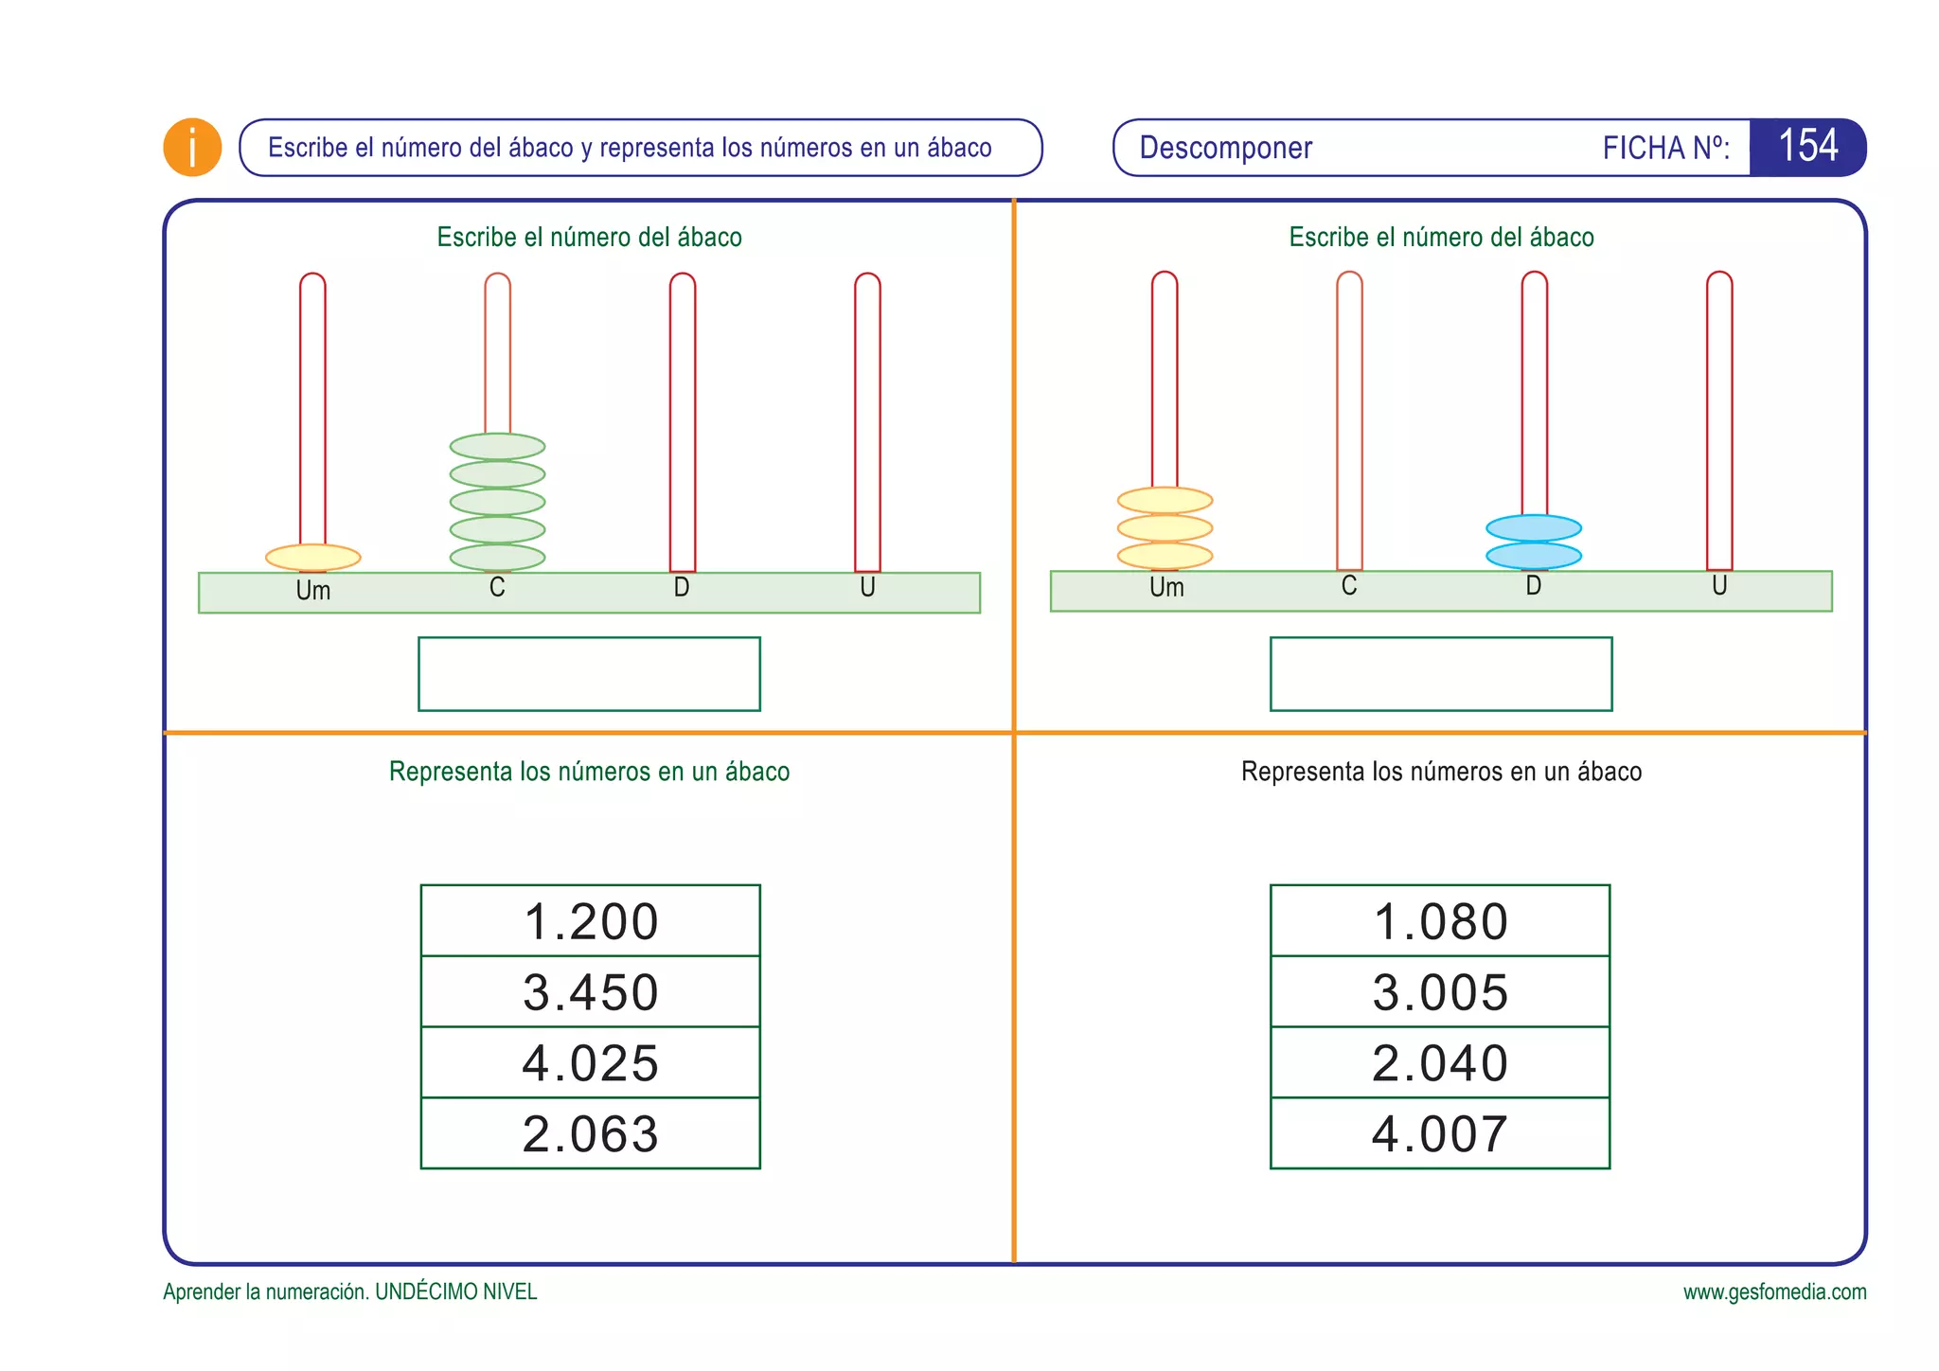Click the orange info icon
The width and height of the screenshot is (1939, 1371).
point(192,148)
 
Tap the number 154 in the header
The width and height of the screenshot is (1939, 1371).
point(1807,147)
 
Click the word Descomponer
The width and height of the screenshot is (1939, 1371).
point(1225,148)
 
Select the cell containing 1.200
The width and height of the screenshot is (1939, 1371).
point(590,921)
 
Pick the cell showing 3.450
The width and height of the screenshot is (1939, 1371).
point(590,992)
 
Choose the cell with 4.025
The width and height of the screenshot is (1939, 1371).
point(590,1062)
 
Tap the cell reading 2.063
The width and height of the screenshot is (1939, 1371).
point(590,1133)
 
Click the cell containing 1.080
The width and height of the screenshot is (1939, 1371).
point(1440,921)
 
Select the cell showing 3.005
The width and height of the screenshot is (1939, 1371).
point(1440,992)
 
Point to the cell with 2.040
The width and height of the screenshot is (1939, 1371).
point(1440,1062)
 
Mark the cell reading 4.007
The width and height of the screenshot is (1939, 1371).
point(1440,1133)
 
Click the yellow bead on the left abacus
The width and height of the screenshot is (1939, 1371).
point(312,558)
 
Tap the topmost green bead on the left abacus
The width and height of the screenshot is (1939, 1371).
point(497,446)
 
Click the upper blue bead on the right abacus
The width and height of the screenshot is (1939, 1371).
point(1534,527)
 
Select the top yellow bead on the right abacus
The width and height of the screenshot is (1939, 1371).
point(1165,500)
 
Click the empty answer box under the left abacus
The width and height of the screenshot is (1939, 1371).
point(589,674)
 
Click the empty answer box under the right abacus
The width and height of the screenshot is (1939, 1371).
point(1441,674)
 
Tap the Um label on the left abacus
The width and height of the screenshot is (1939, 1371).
point(312,591)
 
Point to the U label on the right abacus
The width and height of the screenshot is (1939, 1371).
point(1719,586)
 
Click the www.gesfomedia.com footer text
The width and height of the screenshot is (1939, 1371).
point(1774,1292)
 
